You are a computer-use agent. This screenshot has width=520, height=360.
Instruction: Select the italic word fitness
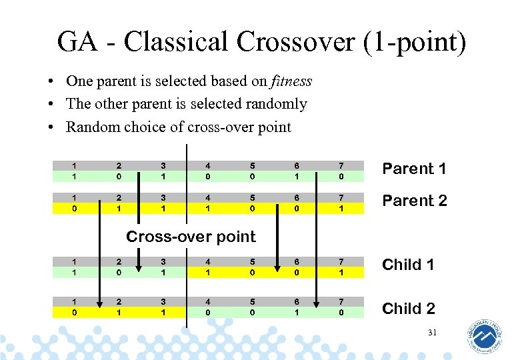pyautogui.click(x=291, y=81)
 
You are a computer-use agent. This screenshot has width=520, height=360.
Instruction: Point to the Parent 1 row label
pyautogui.click(x=413, y=169)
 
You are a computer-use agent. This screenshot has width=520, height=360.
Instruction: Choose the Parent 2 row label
pyautogui.click(x=413, y=201)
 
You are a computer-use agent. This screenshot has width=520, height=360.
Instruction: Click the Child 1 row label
pyautogui.click(x=407, y=265)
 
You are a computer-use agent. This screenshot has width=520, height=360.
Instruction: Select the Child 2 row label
pyautogui.click(x=408, y=308)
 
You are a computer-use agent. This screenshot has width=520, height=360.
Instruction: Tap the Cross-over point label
pyautogui.click(x=191, y=237)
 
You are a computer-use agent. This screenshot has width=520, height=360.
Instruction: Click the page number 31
pyautogui.click(x=432, y=333)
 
